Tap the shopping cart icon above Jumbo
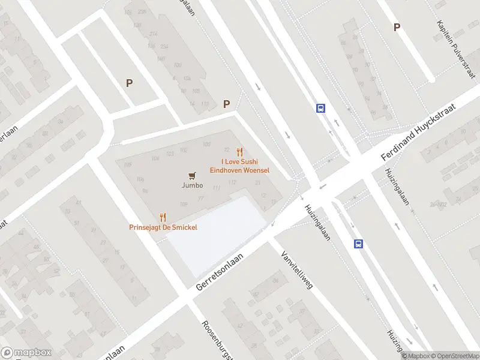(191, 175)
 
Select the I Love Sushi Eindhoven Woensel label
(239, 166)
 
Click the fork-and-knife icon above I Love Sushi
(240, 152)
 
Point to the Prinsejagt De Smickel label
(163, 227)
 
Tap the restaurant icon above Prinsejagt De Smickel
(163, 217)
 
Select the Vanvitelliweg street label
(297, 269)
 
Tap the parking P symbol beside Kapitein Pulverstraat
(396, 28)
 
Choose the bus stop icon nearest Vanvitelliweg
(358, 244)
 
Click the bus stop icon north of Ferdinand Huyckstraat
(321, 109)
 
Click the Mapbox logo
(26, 352)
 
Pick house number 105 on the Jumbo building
(127, 165)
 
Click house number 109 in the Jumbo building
(184, 205)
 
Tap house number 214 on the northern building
(154, 34)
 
